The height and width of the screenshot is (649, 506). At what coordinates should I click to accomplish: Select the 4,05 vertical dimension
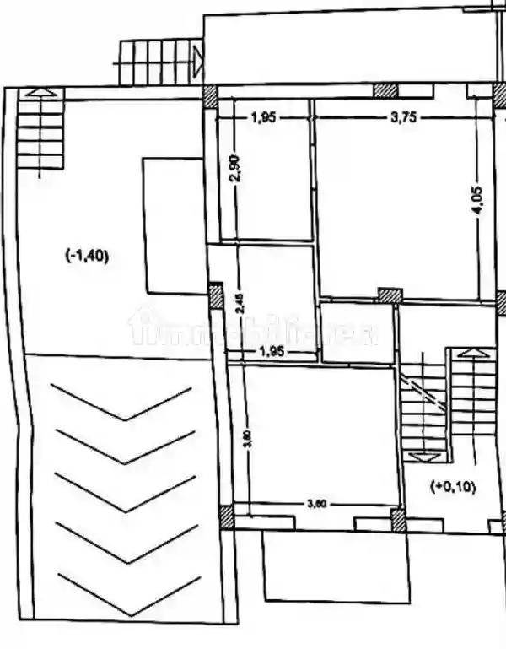[477, 202]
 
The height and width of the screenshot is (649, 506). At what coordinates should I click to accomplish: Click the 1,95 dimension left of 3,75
[263, 118]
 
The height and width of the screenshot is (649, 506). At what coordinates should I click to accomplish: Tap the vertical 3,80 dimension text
[245, 441]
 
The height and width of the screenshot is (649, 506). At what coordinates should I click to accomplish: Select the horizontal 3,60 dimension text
[316, 504]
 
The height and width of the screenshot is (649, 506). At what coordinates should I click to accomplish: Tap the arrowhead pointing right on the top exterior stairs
[196, 61]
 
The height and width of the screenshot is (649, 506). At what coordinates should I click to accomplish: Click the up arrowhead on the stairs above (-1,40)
[41, 92]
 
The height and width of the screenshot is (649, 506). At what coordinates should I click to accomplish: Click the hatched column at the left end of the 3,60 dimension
[228, 516]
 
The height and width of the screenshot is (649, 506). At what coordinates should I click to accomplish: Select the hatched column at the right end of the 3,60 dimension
[398, 518]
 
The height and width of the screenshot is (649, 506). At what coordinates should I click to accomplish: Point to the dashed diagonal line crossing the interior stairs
[423, 392]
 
